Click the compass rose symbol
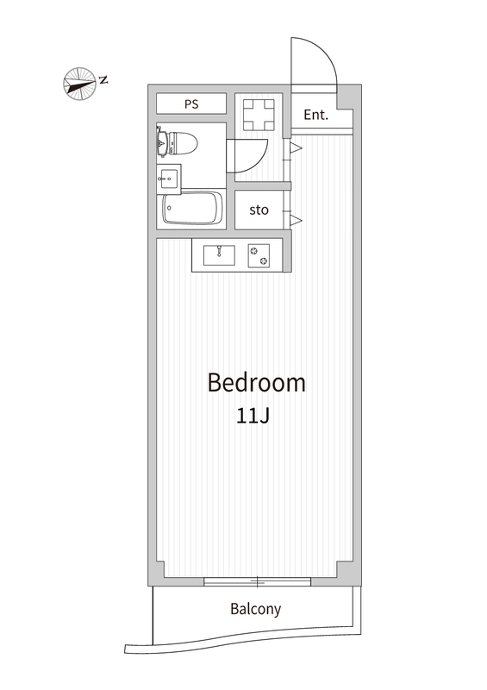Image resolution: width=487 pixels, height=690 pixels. (79, 83)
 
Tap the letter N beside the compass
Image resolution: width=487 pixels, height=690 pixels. (103, 80)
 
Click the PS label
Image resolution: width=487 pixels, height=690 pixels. (191, 104)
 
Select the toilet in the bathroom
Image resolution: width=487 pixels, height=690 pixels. (177, 142)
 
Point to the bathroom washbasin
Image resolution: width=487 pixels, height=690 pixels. (168, 179)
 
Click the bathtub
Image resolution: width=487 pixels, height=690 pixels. (192, 209)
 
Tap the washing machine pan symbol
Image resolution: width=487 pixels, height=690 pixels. (259, 115)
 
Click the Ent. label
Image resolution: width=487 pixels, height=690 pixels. (315, 115)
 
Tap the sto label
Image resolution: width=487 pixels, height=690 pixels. (259, 210)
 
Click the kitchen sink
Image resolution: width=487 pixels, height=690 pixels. (219, 255)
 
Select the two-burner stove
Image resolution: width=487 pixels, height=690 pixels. (259, 255)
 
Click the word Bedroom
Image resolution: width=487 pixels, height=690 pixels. (257, 382)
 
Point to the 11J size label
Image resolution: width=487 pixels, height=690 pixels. (253, 416)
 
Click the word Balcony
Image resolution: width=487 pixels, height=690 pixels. (256, 609)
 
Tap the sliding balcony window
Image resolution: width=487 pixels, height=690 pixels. (258, 581)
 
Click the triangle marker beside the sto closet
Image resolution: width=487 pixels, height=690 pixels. (296, 220)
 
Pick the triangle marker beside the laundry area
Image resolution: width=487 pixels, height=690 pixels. (296, 147)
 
